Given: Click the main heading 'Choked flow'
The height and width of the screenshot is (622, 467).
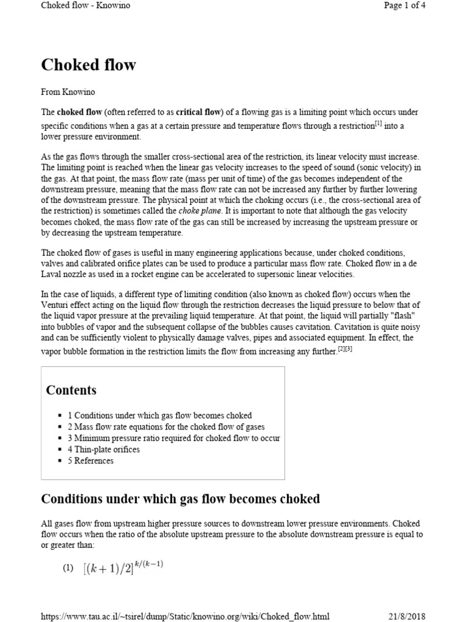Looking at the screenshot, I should coord(88,65).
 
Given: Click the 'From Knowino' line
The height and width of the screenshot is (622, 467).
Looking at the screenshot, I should coord(69,92).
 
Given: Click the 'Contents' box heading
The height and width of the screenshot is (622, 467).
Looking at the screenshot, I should coord(71,390).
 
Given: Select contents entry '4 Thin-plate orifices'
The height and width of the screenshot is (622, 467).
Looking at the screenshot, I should coord(103,449).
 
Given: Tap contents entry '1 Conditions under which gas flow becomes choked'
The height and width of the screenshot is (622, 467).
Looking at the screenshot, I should coord(159,415).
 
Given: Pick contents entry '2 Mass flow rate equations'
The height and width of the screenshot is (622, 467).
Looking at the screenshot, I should coord(166,427).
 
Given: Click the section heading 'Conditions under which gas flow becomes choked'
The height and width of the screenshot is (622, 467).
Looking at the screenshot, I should coord(180,499).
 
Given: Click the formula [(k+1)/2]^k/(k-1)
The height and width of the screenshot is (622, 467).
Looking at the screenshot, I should coord(123,567).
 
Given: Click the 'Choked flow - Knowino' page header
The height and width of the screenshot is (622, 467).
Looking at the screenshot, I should coord(85,5).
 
